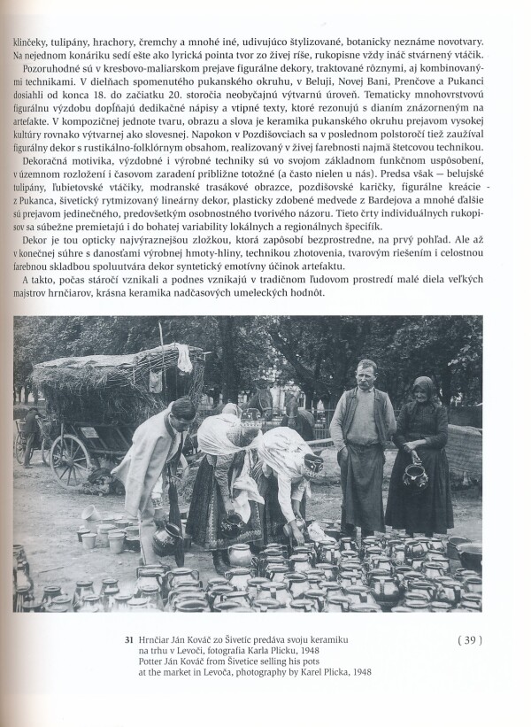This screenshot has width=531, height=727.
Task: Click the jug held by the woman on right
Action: [x=412, y=476]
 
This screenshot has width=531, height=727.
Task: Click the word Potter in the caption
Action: [x=162, y=661]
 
